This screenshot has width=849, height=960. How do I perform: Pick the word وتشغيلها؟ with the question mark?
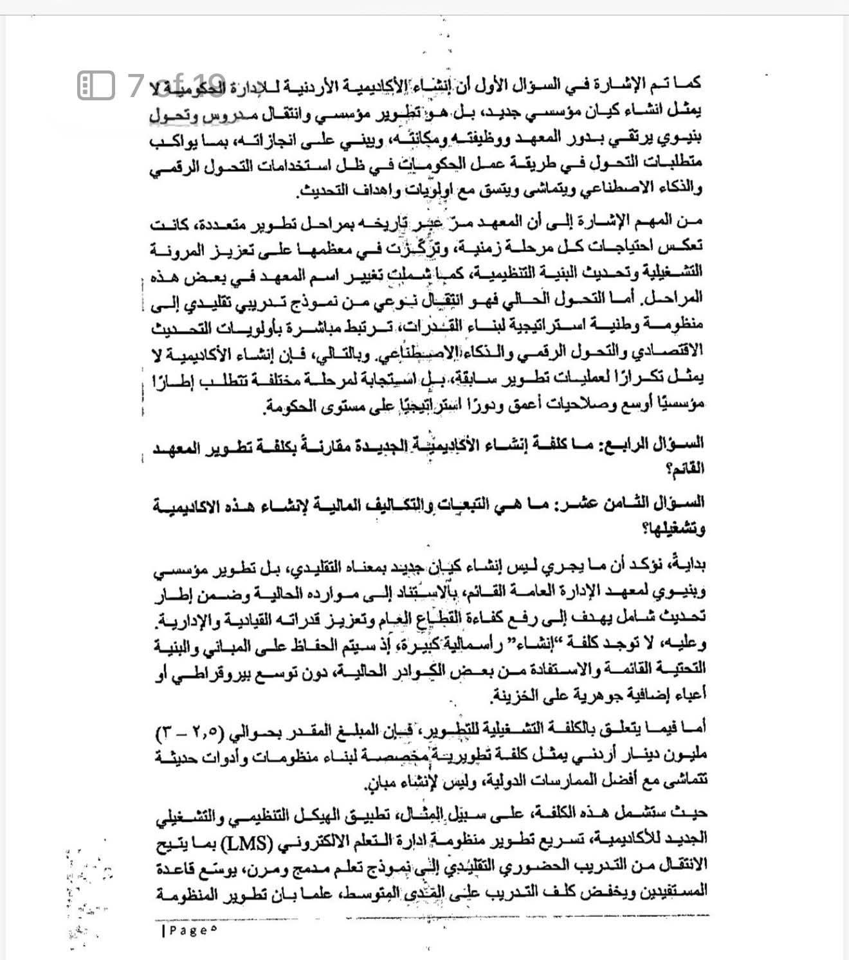(680, 529)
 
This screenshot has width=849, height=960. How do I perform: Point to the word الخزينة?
(515, 695)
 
